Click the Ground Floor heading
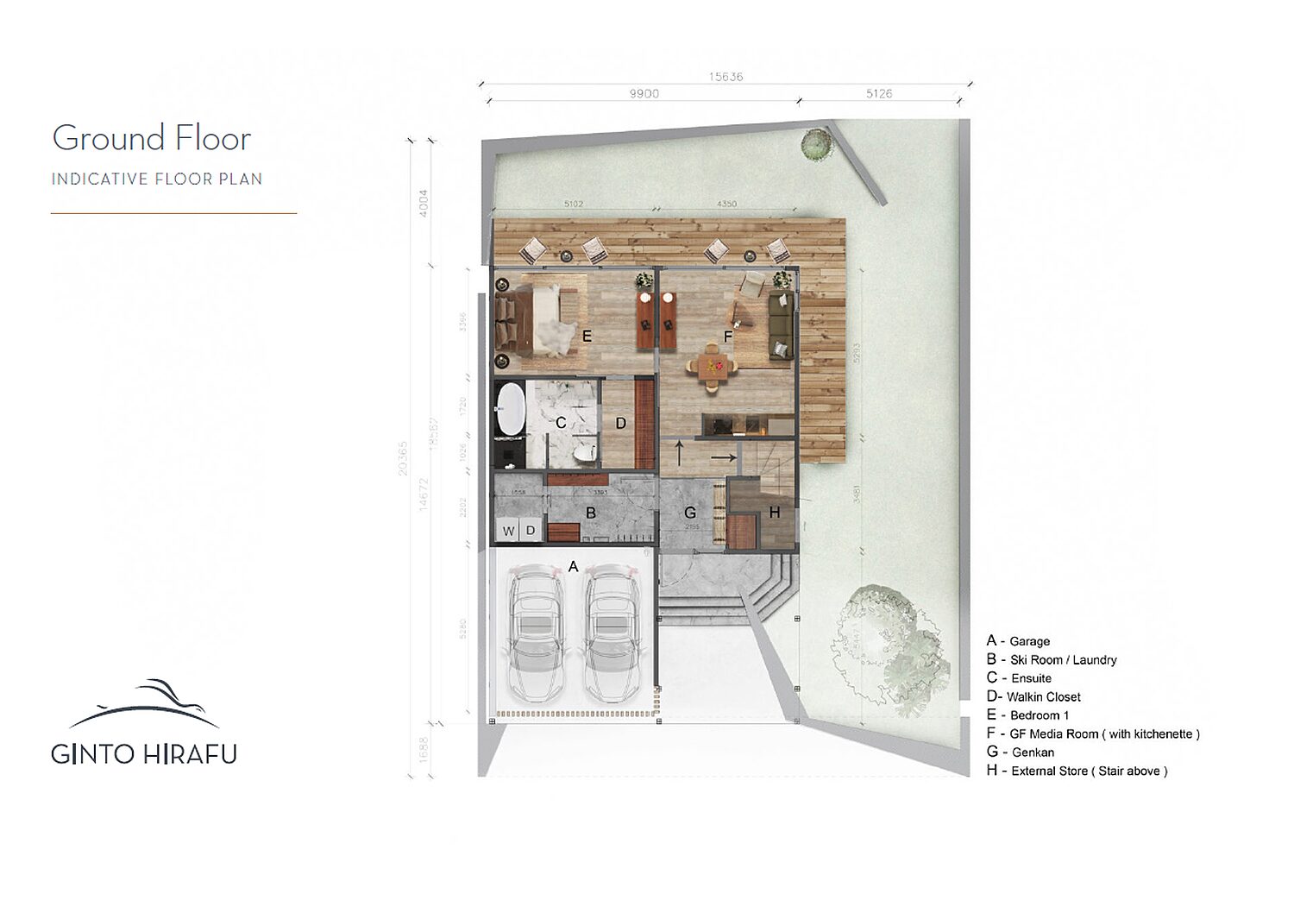tap(151, 139)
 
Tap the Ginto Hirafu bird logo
tap(145, 703)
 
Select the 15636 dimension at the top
tap(726, 77)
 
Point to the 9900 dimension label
tap(644, 94)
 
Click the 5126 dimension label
tap(879, 94)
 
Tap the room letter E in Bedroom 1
tap(587, 337)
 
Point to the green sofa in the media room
tap(781, 326)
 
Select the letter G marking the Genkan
tap(689, 513)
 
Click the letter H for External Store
tap(774, 513)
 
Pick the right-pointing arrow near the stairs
tap(723, 458)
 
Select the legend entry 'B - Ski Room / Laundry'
tap(1052, 660)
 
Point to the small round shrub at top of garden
tap(816, 143)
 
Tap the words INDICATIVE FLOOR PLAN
tap(156, 179)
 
